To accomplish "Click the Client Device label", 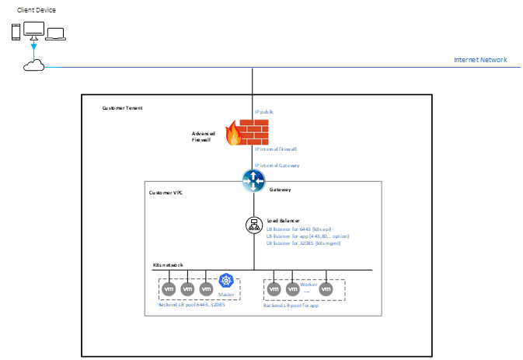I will coord(37,10).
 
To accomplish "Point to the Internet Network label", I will coord(481,60).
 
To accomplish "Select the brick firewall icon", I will coord(253,131).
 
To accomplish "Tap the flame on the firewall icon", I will coord(232,135).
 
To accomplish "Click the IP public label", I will coord(264,112).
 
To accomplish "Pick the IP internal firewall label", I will coord(276,149).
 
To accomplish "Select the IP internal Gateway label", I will coord(277,166).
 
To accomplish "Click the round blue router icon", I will coord(253,181).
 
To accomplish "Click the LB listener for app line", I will coord(308,236).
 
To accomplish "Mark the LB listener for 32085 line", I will coord(304,243).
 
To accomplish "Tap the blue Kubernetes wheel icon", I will coord(226,281).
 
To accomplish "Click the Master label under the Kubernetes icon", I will coord(226,295).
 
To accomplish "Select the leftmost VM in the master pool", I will coord(169,289).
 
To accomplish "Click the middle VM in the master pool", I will coord(187,289).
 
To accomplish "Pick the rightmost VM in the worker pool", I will coord(326,289).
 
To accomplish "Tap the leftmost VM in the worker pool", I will coord(274,289).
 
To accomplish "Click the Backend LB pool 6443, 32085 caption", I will coord(191,305).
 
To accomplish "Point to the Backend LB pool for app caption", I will coord(291,306).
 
